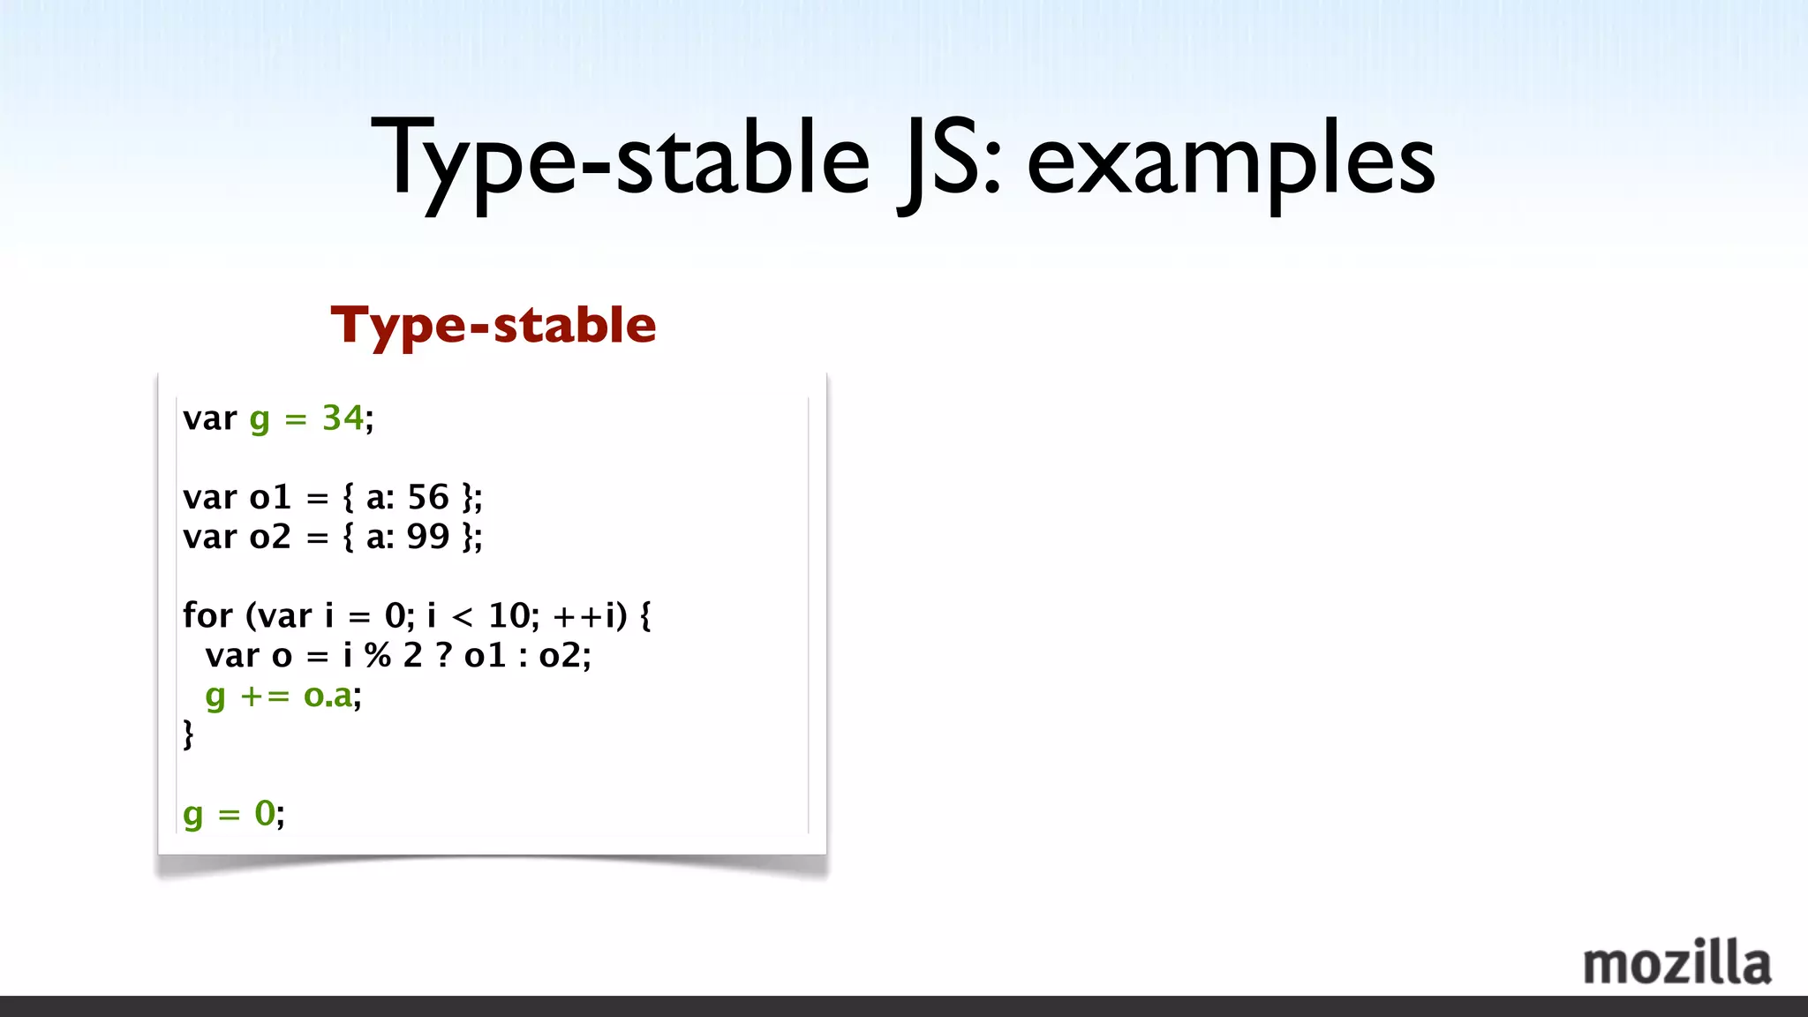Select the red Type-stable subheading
(x=493, y=325)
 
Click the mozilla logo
(x=1676, y=963)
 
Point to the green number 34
(x=343, y=418)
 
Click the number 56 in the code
(x=428, y=497)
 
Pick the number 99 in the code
(x=428, y=537)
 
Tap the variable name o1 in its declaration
(x=270, y=497)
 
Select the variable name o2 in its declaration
(x=270, y=537)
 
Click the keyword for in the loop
(x=207, y=615)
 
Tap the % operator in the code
(x=378, y=655)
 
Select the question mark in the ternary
(x=444, y=655)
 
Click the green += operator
(x=265, y=696)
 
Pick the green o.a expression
(x=328, y=696)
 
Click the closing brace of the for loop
(x=188, y=734)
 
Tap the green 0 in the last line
(x=265, y=813)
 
